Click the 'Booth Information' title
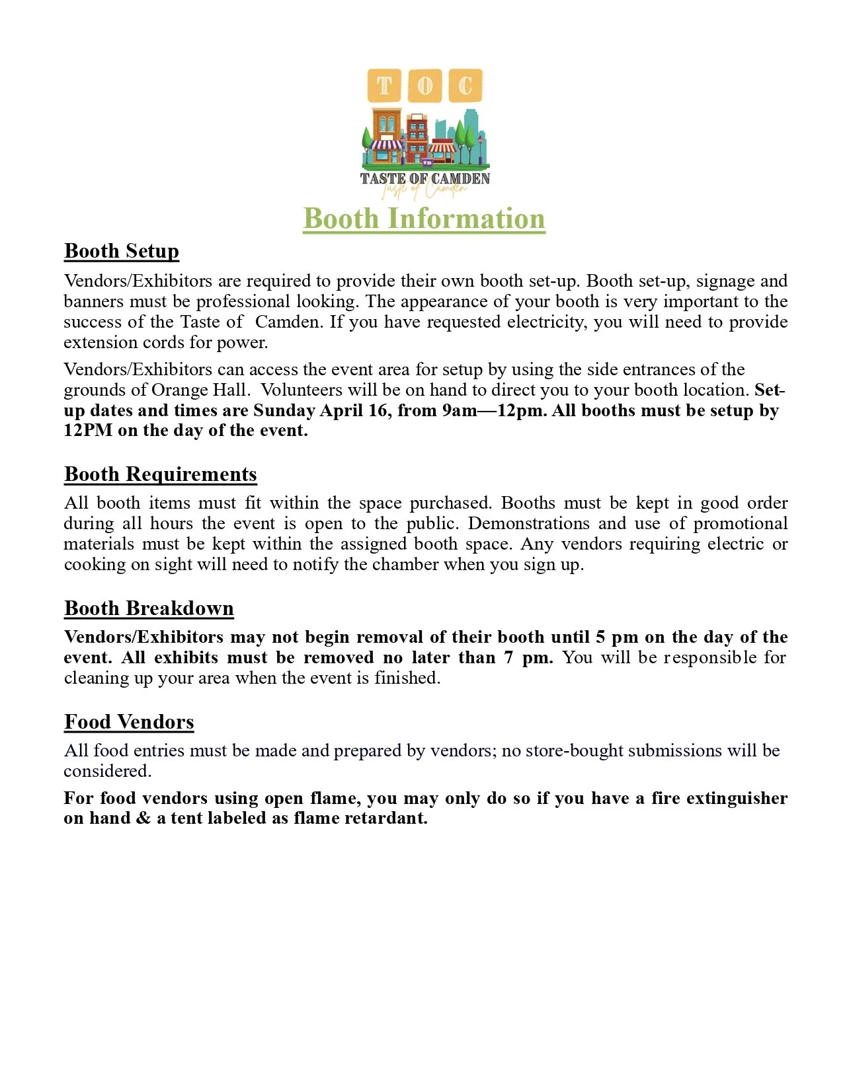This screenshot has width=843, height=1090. (x=424, y=219)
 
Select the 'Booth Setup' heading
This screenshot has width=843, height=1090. (x=122, y=251)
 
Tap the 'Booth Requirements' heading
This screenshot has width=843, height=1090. (x=161, y=474)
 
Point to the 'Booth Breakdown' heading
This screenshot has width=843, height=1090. (x=149, y=608)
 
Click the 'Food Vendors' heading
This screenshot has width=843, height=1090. (x=129, y=722)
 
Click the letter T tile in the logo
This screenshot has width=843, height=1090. (x=384, y=86)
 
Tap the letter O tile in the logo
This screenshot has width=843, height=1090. (x=425, y=86)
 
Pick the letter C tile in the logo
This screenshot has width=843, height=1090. (x=465, y=86)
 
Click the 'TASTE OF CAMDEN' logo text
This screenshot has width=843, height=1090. (x=424, y=178)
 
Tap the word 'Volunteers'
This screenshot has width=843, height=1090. (x=305, y=390)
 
